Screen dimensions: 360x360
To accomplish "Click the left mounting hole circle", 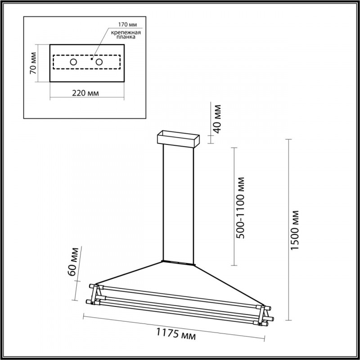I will click(73, 62).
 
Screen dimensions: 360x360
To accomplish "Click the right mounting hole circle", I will click(99, 62).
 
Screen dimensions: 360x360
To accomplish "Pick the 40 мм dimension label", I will click(217, 119).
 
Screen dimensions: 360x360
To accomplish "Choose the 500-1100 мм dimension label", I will click(242, 207).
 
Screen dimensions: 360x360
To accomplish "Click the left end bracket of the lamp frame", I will click(96, 295).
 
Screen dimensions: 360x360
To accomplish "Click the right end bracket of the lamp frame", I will click(264, 315).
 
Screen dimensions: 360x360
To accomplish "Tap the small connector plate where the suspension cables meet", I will click(178, 261).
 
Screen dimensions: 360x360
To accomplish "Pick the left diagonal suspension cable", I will click(130, 273).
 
